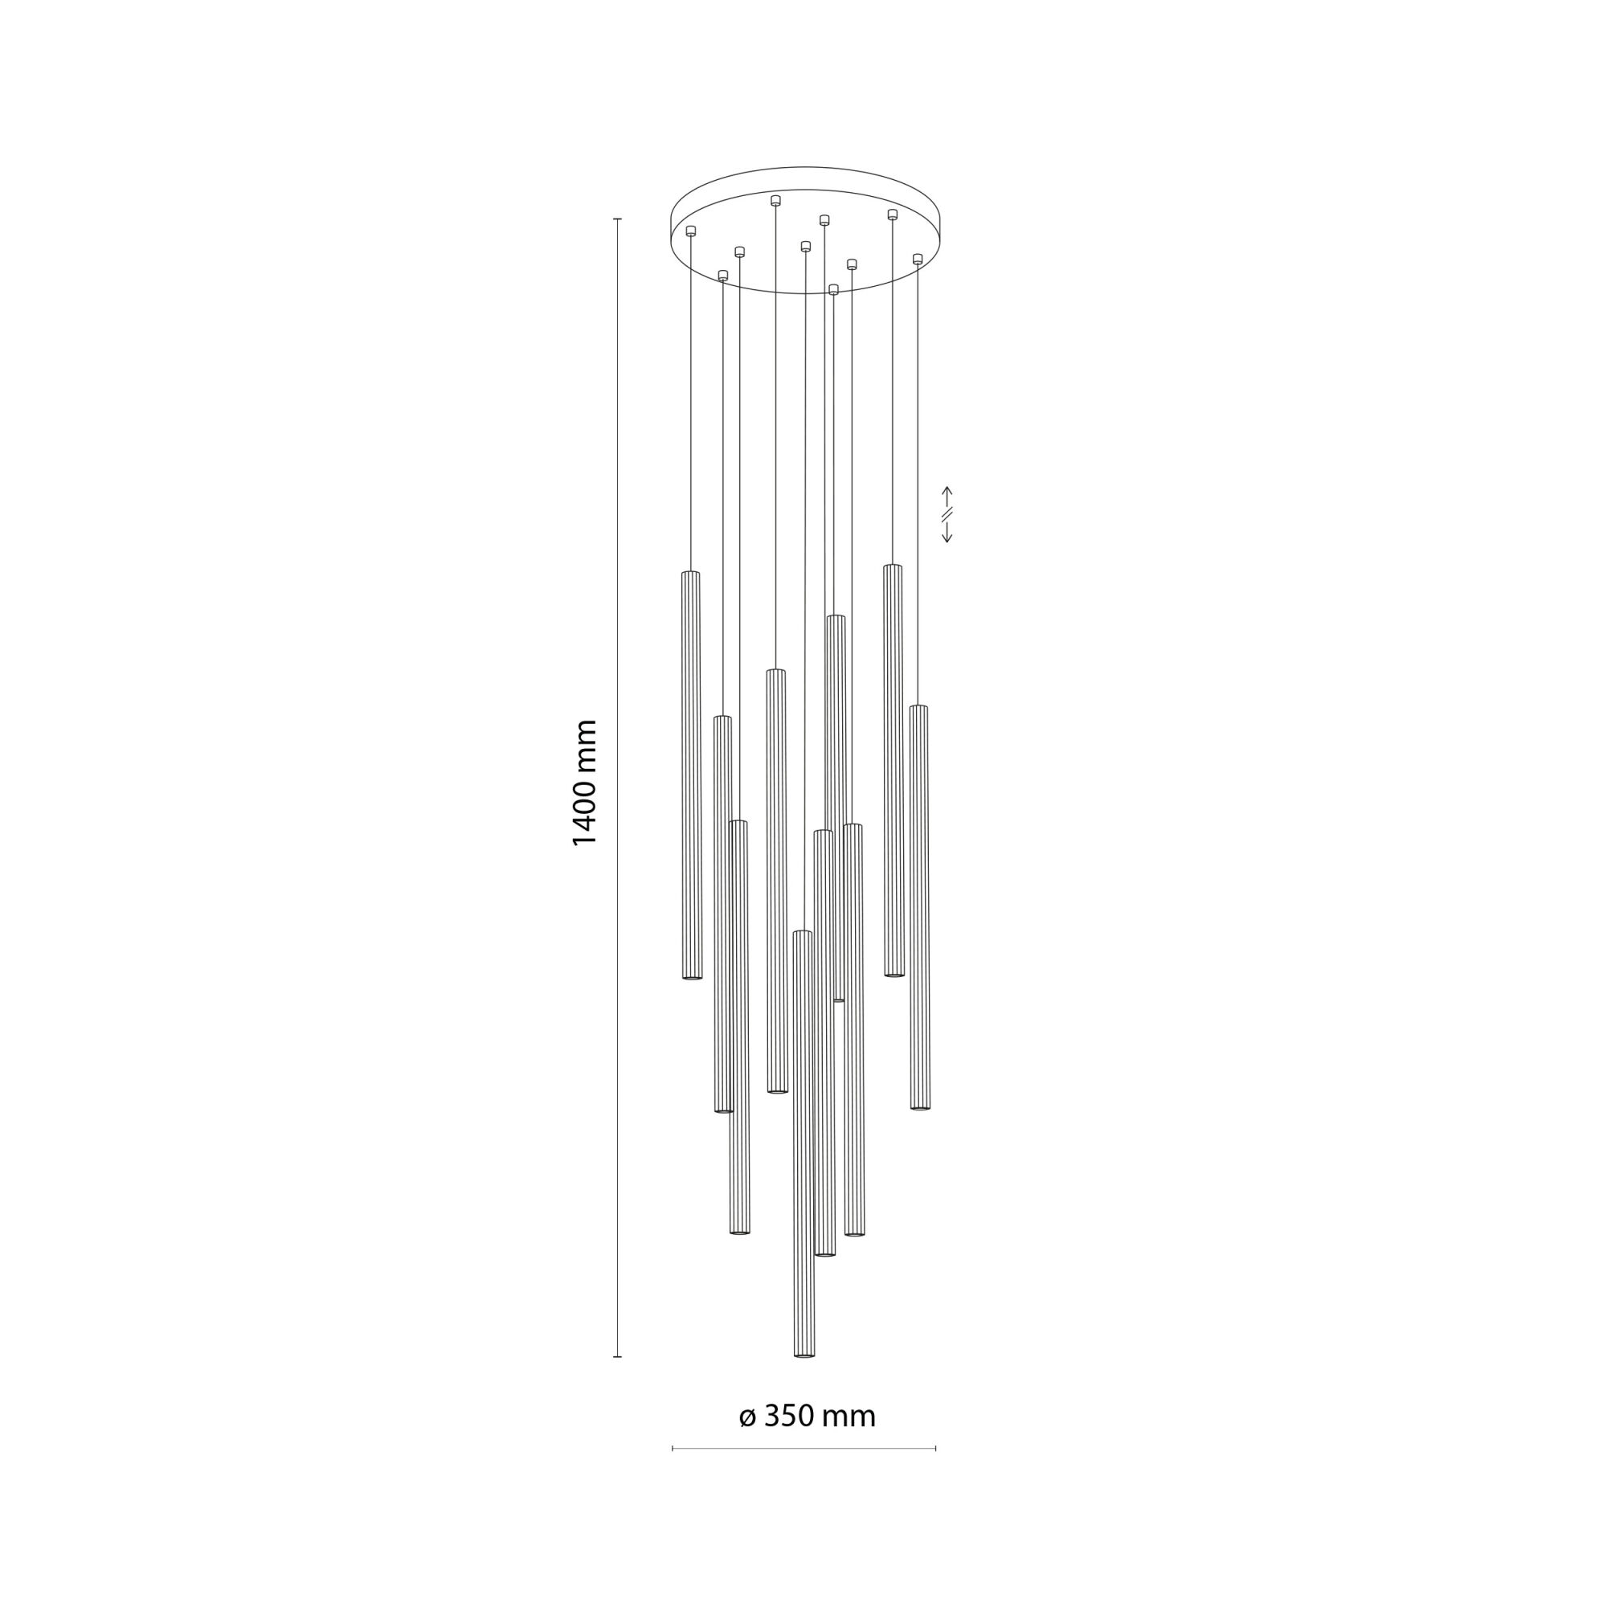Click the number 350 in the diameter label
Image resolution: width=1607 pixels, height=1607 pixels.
(x=787, y=1415)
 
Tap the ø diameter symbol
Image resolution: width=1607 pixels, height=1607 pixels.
(x=747, y=1417)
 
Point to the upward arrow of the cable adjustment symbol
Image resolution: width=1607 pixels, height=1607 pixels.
(x=947, y=497)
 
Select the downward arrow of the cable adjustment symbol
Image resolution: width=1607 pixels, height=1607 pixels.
(x=947, y=533)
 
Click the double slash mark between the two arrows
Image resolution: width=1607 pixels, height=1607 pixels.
(x=947, y=515)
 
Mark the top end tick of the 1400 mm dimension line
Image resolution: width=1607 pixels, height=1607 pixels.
(x=617, y=219)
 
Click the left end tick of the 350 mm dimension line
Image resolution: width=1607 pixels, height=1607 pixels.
(x=672, y=1448)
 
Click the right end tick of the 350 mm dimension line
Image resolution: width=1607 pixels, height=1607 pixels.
(x=936, y=1448)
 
